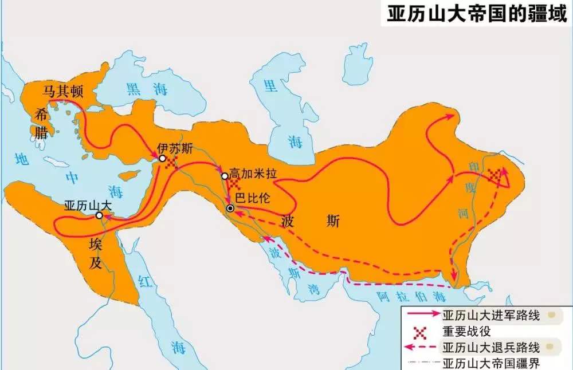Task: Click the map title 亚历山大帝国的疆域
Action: click(x=477, y=13)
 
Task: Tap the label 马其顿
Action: click(x=64, y=90)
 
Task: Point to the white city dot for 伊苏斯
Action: click(x=163, y=158)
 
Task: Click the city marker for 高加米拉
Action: click(x=225, y=176)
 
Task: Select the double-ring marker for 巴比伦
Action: click(x=230, y=208)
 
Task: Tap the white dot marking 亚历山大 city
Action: click(x=99, y=215)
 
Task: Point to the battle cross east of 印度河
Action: click(x=494, y=177)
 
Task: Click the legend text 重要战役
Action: click(x=466, y=331)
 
